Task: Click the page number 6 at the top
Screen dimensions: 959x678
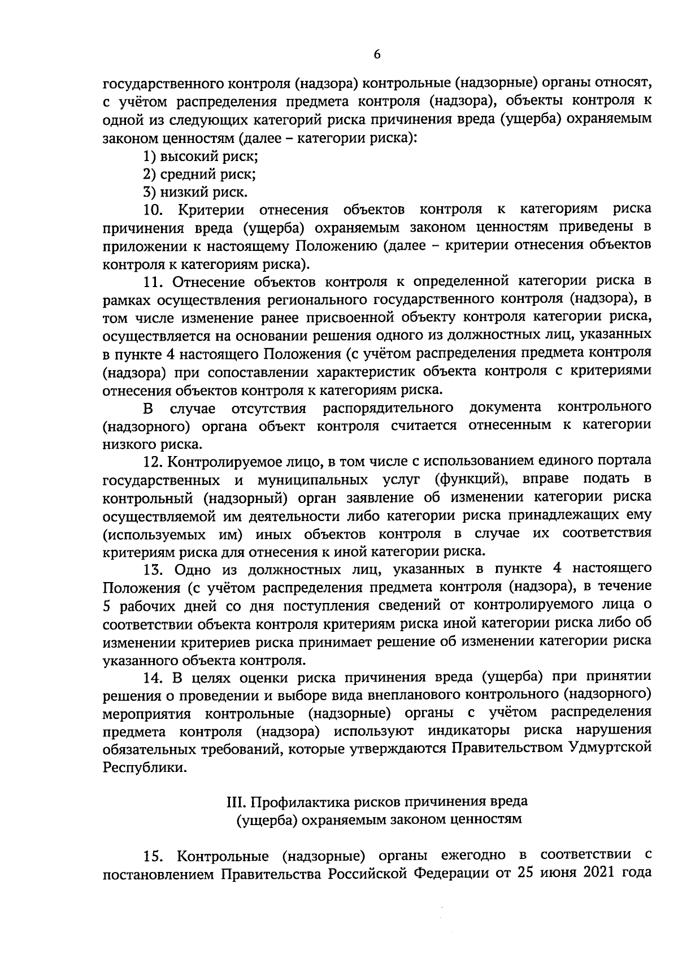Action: (x=377, y=55)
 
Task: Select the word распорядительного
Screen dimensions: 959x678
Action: (x=388, y=407)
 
